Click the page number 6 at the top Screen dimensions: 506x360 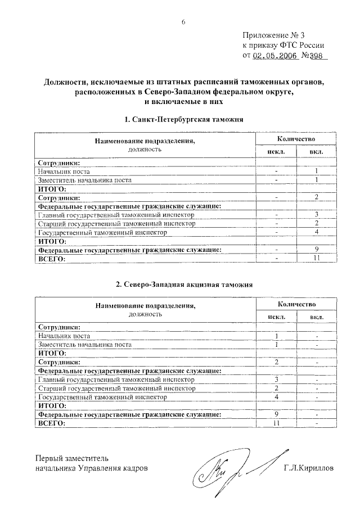pos(183,22)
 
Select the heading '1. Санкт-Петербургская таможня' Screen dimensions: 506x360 pos(183,120)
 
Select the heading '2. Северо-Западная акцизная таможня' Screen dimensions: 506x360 pos(184,284)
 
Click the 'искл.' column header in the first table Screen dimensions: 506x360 pos(276,152)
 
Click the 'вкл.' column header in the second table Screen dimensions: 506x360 pos(317,317)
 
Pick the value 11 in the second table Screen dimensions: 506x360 pos(276,423)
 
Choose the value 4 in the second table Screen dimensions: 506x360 pos(276,396)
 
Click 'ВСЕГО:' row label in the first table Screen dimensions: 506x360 pos(51,259)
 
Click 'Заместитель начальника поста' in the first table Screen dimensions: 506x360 pos(84,180)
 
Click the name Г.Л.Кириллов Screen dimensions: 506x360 pos(308,467)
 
